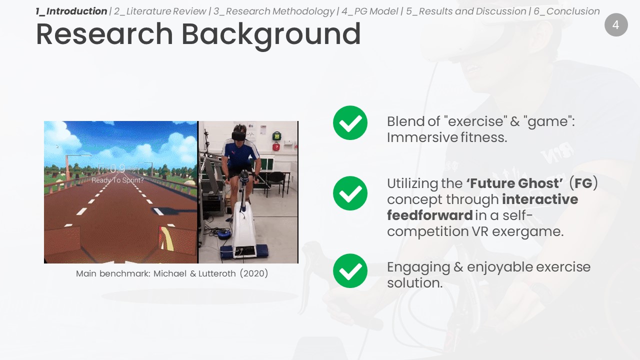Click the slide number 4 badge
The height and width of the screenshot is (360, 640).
(x=616, y=25)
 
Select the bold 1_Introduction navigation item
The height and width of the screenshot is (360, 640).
(x=71, y=11)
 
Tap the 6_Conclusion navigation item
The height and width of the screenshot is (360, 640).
(x=566, y=11)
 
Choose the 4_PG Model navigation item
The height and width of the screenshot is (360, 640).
(x=369, y=11)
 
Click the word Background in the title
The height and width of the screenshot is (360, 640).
(x=271, y=35)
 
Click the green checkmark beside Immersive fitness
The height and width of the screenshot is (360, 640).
(x=350, y=123)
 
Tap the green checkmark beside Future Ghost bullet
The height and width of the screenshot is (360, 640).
(x=350, y=193)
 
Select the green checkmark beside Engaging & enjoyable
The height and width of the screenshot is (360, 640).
(x=350, y=271)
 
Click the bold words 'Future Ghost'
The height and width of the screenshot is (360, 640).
(x=515, y=183)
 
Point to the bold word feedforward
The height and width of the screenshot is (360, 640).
(x=429, y=215)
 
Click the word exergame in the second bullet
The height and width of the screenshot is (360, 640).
(x=527, y=231)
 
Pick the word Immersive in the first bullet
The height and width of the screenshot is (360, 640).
(x=421, y=137)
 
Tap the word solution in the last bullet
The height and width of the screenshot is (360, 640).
(x=414, y=283)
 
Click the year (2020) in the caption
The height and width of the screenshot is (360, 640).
(x=253, y=273)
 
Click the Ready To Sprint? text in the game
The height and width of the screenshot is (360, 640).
(x=117, y=180)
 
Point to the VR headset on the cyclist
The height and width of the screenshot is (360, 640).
(x=239, y=135)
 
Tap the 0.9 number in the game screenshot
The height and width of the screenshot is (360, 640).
(x=117, y=168)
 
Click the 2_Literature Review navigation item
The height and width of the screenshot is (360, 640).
(x=160, y=11)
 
